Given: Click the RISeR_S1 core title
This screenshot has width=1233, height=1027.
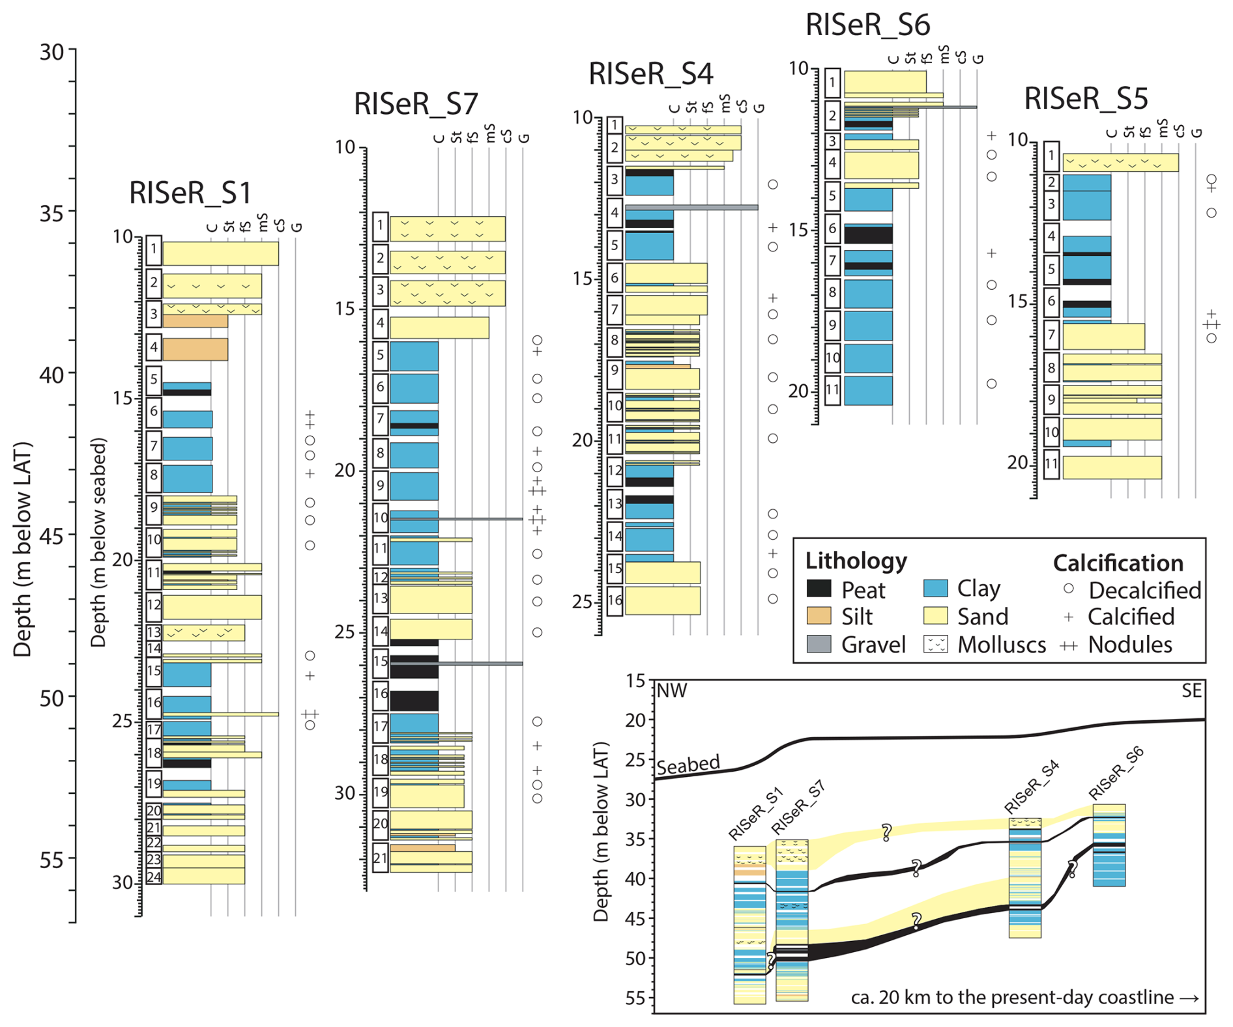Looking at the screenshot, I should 190,193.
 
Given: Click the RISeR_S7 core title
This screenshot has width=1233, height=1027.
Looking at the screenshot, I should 416,104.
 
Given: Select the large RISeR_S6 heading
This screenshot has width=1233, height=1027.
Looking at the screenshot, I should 867,25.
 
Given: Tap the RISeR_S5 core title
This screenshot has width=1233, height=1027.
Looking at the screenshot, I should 1086,99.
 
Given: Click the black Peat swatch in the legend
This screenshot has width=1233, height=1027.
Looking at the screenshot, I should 819,589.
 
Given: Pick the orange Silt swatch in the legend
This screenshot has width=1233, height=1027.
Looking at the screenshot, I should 819,616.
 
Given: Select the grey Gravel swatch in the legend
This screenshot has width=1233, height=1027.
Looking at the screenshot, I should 819,644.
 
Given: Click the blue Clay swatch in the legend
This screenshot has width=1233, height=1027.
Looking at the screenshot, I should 935,588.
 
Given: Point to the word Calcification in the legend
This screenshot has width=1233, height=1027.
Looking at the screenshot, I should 1118,563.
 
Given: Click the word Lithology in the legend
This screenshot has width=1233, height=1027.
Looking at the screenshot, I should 856,561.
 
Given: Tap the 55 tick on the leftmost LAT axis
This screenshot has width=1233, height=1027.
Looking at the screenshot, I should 51,860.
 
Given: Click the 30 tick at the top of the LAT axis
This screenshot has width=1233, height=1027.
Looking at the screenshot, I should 51,51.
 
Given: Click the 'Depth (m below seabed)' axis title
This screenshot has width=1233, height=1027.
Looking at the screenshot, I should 98,542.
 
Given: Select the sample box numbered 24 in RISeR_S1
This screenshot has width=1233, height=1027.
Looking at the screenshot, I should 154,877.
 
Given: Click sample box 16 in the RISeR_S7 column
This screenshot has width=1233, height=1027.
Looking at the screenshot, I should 381,694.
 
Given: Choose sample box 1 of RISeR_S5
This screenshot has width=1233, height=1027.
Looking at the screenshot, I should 1051,156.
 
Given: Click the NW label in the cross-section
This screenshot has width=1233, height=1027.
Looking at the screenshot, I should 672,691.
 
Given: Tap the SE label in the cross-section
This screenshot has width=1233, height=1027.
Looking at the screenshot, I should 1191,691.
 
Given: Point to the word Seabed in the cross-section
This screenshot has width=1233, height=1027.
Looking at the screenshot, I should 688,765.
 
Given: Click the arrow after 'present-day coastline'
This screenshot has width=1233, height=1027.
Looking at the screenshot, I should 1189,998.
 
